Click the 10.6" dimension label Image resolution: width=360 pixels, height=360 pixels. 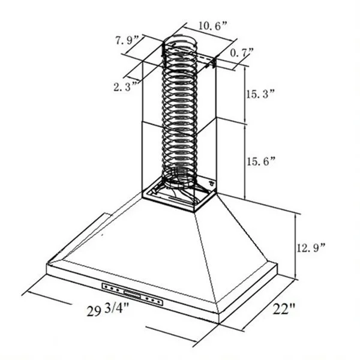pos(212,25)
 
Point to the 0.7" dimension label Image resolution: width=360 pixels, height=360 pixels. pos(242,53)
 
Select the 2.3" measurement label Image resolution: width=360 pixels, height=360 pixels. pos(126,86)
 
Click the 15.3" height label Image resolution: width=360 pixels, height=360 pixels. pos(260,94)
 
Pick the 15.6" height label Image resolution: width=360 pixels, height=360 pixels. pos(261,161)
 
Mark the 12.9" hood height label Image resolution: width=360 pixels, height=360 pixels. pos(311,248)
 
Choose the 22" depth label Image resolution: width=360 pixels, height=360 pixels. pos(284,309)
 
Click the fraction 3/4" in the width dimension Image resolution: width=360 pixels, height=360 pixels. pos(117,308)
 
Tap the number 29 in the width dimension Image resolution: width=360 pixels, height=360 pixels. pos(94,311)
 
